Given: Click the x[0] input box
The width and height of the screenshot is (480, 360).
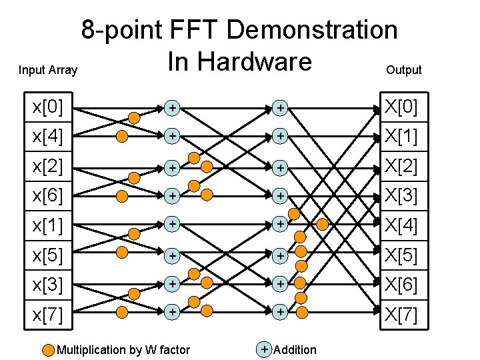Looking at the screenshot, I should [49, 107].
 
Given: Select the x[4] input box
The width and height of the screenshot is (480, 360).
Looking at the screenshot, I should [49, 137].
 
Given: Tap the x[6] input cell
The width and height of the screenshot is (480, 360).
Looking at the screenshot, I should [49, 196].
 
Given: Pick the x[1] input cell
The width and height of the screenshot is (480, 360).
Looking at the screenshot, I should [49, 225].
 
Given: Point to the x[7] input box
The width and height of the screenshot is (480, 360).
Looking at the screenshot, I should [49, 314].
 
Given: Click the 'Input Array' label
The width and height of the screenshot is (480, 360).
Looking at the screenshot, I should [48, 70].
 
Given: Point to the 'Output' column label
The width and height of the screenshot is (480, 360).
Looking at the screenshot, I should [404, 70].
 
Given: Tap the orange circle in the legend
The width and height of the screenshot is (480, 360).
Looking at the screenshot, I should [49, 350].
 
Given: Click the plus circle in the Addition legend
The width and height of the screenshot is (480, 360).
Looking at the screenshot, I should [265, 349].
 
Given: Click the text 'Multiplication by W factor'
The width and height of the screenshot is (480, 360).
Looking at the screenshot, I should [123, 350].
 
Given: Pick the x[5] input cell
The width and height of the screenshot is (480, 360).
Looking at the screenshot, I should [49, 255].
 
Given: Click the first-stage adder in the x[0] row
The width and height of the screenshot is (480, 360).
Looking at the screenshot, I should [172, 107].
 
